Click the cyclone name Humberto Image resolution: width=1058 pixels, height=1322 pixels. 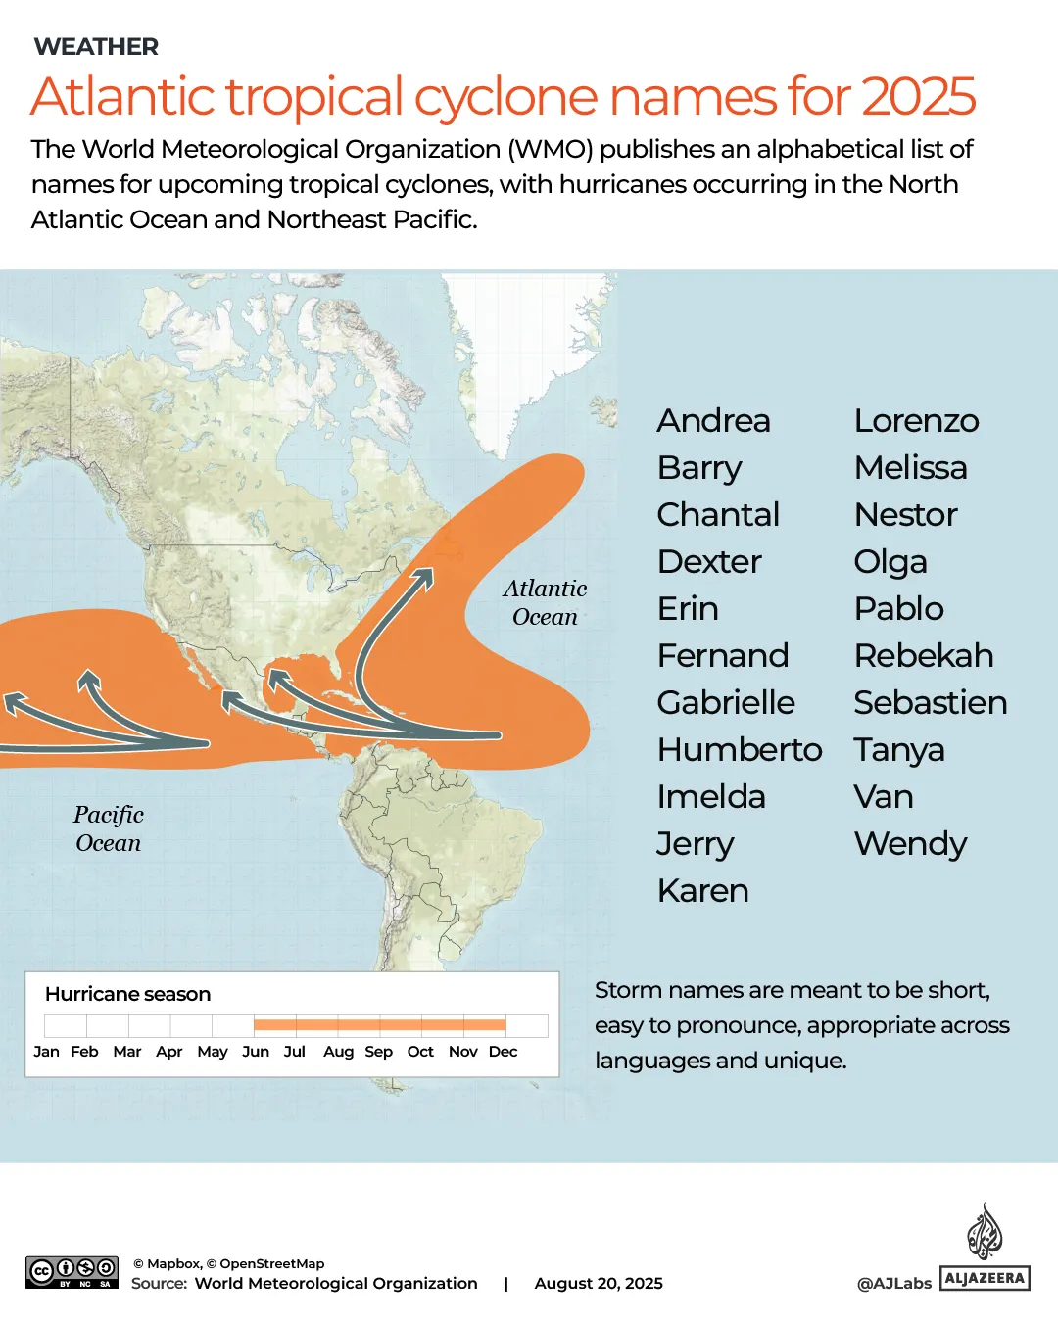tap(740, 750)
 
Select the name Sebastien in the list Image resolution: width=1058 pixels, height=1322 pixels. tap(930, 703)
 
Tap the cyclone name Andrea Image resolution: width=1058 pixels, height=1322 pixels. tap(713, 421)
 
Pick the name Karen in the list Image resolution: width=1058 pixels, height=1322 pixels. tap(702, 891)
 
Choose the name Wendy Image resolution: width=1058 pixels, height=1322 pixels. tap(910, 844)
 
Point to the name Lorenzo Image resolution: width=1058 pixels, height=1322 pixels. tap(916, 421)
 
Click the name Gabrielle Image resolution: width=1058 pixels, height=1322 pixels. tap(726, 703)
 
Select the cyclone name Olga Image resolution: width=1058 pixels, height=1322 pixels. tap(890, 562)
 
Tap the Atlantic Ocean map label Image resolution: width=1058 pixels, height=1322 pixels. tap(545, 602)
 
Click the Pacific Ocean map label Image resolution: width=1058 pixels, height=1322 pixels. tap(109, 828)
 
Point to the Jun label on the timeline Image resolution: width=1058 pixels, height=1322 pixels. tap(256, 1052)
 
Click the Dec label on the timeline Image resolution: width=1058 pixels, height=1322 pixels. tap(503, 1052)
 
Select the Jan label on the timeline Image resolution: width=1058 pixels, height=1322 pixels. tap(46, 1052)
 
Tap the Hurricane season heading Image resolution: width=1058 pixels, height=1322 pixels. tap(127, 994)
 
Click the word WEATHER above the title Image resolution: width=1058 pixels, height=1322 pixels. tap(96, 47)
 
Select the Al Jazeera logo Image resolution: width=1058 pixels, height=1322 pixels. tap(985, 1249)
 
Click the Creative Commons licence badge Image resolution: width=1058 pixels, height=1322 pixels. tap(72, 1272)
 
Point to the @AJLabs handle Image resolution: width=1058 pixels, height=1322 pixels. tap(893, 1283)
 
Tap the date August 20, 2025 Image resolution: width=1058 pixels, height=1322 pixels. tap(599, 1283)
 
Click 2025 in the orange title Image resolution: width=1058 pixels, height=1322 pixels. tap(918, 96)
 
